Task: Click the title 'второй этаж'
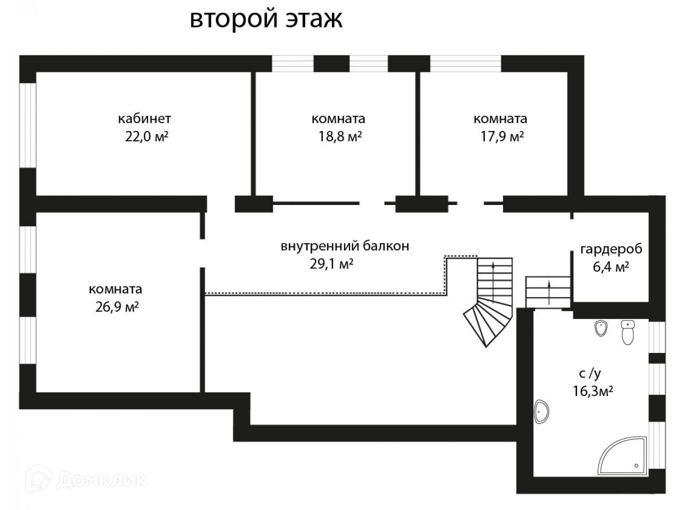pyautogui.click(x=266, y=19)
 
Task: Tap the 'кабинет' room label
pyautogui.click(x=144, y=118)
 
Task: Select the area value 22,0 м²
pyautogui.click(x=147, y=137)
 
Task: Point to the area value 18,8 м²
pyautogui.click(x=340, y=137)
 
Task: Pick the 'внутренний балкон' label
pyautogui.click(x=345, y=246)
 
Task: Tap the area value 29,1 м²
pyautogui.click(x=332, y=264)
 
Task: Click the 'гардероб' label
pyautogui.click(x=611, y=249)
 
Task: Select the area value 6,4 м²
pyautogui.click(x=611, y=267)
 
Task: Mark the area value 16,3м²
pyautogui.click(x=592, y=392)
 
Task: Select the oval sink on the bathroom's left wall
pyautogui.click(x=542, y=412)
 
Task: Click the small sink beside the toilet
pyautogui.click(x=602, y=328)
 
